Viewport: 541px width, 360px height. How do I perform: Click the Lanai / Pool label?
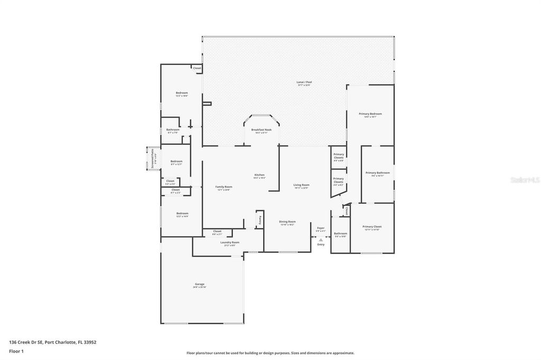coord(304,82)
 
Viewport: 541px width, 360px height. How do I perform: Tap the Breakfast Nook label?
coord(261,129)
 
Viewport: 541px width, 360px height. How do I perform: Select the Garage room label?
coord(200,284)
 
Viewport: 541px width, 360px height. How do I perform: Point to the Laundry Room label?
coord(229,242)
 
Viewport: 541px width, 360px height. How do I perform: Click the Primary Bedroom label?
coord(370,114)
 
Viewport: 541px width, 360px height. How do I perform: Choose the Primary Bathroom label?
coord(377,173)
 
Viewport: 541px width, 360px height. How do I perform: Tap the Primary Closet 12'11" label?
coord(372,226)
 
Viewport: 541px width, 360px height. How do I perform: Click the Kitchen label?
coord(259,175)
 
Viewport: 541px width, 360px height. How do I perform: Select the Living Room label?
coord(301,185)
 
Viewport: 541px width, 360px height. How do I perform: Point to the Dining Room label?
coord(287,222)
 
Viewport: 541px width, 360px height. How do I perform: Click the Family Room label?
coord(223,187)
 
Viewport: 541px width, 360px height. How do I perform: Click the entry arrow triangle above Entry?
coord(321,240)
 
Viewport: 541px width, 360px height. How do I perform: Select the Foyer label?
coord(321,228)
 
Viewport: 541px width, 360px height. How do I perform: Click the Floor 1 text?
coord(16,350)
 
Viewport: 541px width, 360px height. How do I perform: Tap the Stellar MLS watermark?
coord(525,180)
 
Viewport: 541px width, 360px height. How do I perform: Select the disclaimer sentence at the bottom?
coord(270,353)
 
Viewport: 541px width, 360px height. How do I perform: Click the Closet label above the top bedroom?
coord(197,68)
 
